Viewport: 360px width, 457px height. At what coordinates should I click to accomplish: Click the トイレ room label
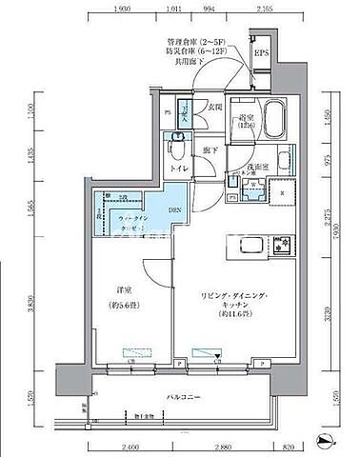pos(177,170)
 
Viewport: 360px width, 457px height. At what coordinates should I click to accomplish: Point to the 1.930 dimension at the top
pos(121,10)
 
